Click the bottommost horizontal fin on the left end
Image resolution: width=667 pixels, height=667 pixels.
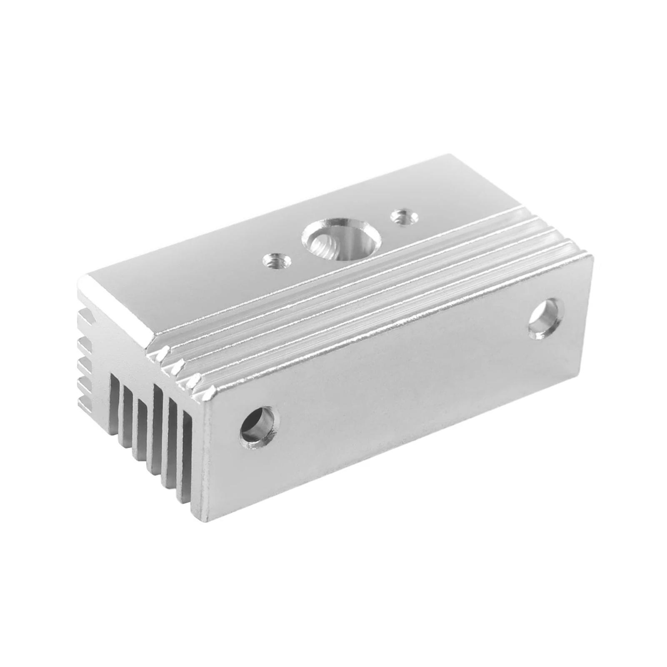[x=85, y=400]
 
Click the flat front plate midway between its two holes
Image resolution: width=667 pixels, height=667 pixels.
[x=400, y=375]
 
